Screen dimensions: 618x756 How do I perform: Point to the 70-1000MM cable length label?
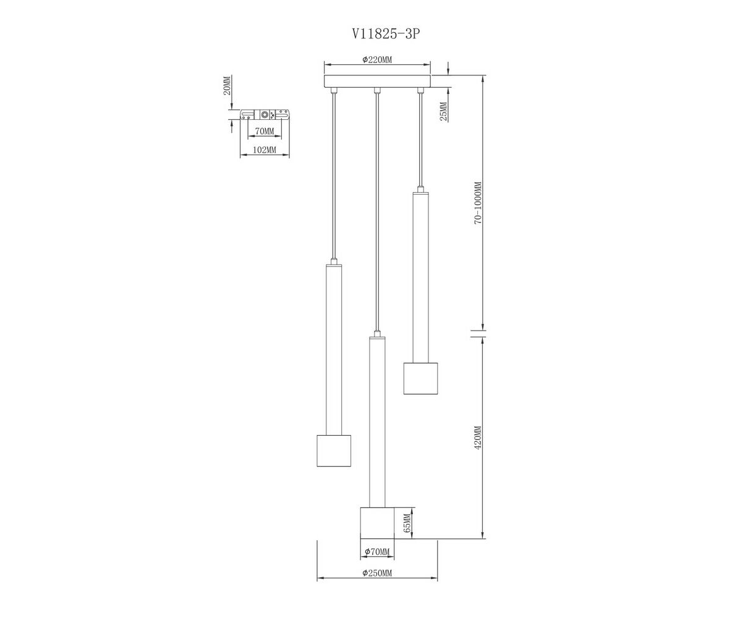(477, 203)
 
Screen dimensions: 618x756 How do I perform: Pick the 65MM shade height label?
(407, 523)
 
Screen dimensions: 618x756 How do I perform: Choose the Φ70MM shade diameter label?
(376, 551)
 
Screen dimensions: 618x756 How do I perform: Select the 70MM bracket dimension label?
(264, 131)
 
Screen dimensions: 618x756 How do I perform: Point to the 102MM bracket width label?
(265, 150)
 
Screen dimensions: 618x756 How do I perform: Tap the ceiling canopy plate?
(377, 82)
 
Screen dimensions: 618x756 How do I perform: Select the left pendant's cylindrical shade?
(334, 451)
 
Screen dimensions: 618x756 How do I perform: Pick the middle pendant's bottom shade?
(377, 523)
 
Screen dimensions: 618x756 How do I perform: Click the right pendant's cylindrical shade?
(420, 378)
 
